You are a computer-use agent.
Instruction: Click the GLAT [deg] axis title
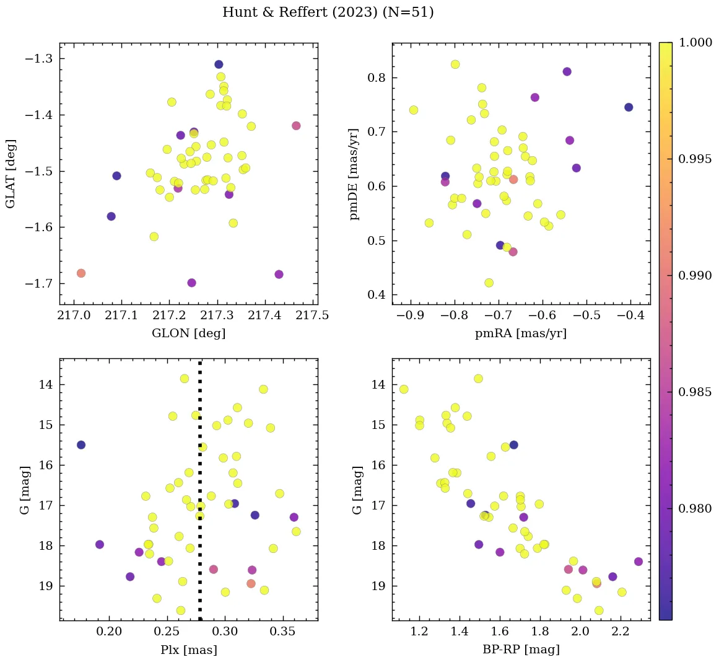(x=11, y=174)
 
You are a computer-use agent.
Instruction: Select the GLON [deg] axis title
(x=188, y=333)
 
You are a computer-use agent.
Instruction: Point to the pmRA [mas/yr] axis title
(x=520, y=333)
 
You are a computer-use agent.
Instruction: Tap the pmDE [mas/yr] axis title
(x=354, y=174)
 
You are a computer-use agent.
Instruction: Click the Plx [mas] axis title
(x=188, y=650)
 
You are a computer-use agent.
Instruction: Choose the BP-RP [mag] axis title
(x=520, y=650)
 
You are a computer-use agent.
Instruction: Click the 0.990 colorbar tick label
(x=695, y=275)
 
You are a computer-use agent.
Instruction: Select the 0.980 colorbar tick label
(x=695, y=508)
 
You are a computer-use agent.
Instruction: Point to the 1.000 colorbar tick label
(x=695, y=43)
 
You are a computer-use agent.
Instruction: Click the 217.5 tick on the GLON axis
(x=312, y=316)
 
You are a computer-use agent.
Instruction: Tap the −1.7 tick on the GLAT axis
(x=38, y=284)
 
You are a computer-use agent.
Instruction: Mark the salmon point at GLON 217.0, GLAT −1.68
(x=81, y=273)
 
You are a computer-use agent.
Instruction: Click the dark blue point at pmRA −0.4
(x=629, y=107)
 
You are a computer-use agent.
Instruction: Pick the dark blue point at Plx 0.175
(x=81, y=445)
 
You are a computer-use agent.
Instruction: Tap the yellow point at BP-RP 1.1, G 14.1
(x=404, y=389)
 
